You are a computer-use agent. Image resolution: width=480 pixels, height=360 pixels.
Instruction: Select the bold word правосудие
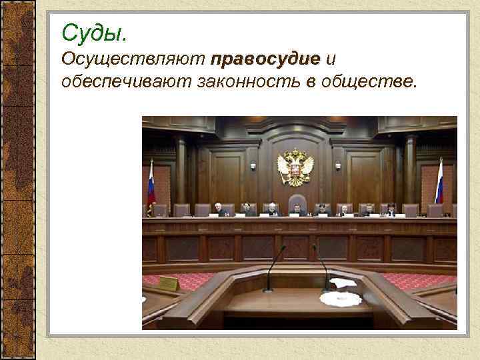pyautogui.click(x=265, y=59)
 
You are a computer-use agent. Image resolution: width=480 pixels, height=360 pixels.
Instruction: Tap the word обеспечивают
pyautogui.click(x=126, y=82)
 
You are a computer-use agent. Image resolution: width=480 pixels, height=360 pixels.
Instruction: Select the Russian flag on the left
pyautogui.click(x=151, y=183)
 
